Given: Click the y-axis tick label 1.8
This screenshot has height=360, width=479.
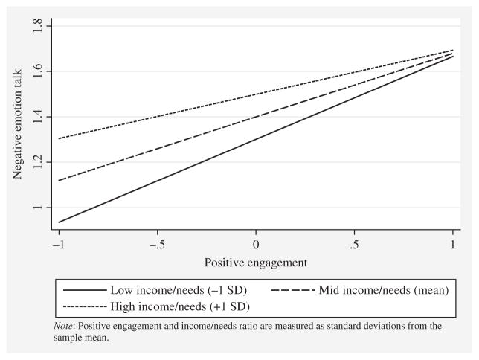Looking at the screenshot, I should click(x=38, y=27).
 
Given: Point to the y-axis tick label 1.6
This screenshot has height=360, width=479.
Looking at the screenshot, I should click(x=38, y=72).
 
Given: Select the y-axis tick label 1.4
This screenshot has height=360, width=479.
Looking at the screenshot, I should click(x=38, y=118).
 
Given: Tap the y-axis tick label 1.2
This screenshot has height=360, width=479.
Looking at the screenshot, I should click(x=38, y=163).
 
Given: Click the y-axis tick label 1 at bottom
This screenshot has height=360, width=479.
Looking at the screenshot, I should click(x=38, y=208).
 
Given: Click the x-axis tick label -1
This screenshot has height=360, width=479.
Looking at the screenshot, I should click(x=58, y=244).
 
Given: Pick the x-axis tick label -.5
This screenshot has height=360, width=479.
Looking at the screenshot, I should click(x=156, y=244).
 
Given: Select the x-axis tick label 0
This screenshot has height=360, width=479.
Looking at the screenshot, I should click(x=256, y=244).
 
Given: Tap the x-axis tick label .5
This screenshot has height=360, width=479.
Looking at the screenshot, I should click(x=354, y=244).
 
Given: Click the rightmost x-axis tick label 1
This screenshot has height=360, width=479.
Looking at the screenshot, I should click(x=453, y=244).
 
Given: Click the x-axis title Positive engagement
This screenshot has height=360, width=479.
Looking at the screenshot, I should click(x=255, y=262).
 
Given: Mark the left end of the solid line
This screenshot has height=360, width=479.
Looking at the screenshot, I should click(x=59, y=222).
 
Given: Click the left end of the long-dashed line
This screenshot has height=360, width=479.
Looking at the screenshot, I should click(x=59, y=180).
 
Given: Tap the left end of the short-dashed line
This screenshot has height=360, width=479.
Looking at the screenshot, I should click(x=59, y=138).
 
